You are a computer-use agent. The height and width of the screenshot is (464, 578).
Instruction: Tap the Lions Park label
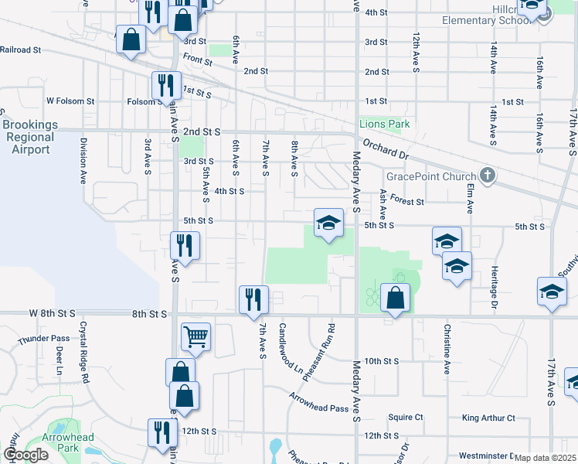click(384, 124)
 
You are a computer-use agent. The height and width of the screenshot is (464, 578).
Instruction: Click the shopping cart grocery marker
click(195, 337)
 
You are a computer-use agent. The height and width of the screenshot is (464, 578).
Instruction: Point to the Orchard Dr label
click(384, 146)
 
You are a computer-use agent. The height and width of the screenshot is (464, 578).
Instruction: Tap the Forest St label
click(407, 201)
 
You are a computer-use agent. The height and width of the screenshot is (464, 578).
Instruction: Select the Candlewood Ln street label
click(291, 350)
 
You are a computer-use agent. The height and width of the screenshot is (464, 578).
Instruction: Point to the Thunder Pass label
click(44, 339)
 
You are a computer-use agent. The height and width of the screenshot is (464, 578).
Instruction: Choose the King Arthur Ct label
click(488, 418)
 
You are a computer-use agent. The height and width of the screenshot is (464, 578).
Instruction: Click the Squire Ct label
click(406, 417)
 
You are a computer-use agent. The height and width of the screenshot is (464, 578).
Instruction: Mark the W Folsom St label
click(70, 101)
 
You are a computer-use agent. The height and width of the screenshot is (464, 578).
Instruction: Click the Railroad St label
click(20, 49)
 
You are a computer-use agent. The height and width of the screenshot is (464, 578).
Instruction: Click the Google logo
click(25, 455)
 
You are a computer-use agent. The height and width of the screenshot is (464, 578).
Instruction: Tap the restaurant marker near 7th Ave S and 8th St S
click(253, 299)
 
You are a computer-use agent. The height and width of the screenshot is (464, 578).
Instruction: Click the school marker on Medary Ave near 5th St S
click(328, 224)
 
